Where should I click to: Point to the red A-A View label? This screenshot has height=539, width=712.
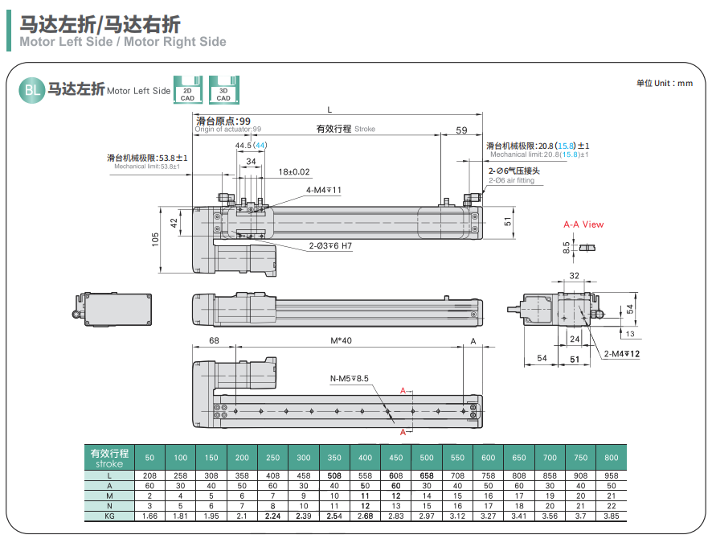tap(583, 224)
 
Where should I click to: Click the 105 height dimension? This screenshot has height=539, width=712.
tap(156, 239)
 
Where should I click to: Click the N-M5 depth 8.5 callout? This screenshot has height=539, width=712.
tap(349, 378)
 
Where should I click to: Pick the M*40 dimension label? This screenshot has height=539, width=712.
tap(341, 341)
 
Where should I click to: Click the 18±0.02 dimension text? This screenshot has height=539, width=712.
tap(294, 171)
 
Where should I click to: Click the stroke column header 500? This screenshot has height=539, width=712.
tap(427, 458)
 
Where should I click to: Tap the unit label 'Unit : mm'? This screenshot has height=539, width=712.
tap(664, 83)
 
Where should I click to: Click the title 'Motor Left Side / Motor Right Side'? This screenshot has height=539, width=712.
tap(123, 42)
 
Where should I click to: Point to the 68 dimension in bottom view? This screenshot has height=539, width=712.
tap(214, 341)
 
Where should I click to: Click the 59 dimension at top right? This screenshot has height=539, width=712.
tap(461, 130)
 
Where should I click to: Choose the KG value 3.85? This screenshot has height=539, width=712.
tap(612, 515)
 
